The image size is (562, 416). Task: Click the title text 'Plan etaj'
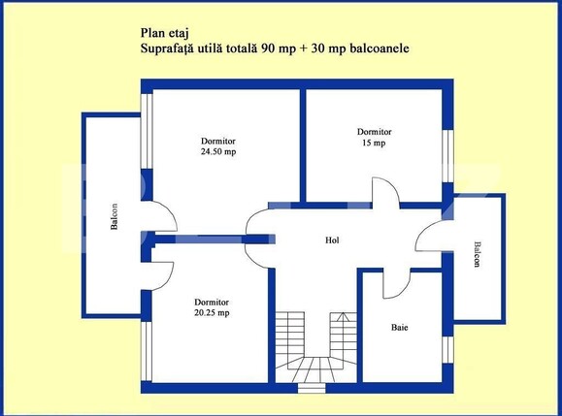[x=166, y=31]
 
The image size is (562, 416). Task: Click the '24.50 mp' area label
[x=218, y=152]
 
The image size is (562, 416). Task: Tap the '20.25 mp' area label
[x=211, y=312]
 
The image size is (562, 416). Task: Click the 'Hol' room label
[x=331, y=240]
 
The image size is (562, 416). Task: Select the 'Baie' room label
[x=400, y=328]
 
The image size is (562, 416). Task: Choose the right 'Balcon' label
[x=477, y=257]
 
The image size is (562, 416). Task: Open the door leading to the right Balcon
[x=428, y=240]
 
